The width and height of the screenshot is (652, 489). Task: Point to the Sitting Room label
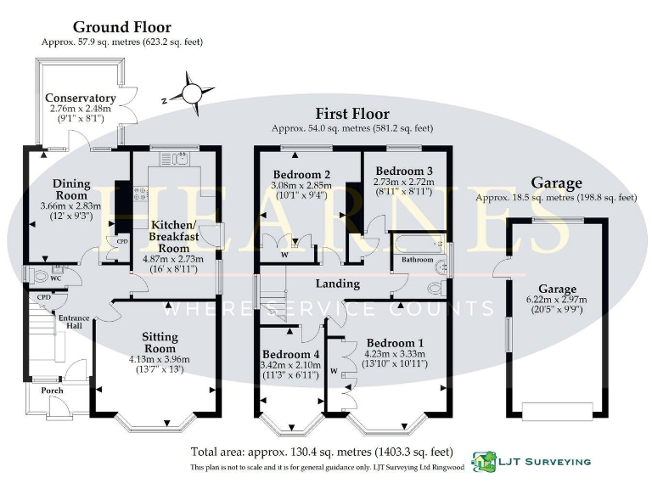tap(160, 342)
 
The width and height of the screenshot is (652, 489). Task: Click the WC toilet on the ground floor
tap(40, 275)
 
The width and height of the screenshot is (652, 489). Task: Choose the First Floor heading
tap(351, 114)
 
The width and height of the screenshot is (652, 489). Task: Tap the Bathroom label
tap(417, 259)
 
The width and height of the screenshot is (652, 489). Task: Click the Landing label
tap(338, 284)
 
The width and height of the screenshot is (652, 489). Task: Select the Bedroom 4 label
tap(291, 354)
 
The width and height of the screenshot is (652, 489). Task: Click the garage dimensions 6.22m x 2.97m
tap(556, 300)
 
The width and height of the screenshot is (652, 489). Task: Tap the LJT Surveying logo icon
tap(485, 461)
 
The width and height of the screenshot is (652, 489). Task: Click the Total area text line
tap(322, 452)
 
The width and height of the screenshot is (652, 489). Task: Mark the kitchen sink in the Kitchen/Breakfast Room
tap(179, 157)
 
